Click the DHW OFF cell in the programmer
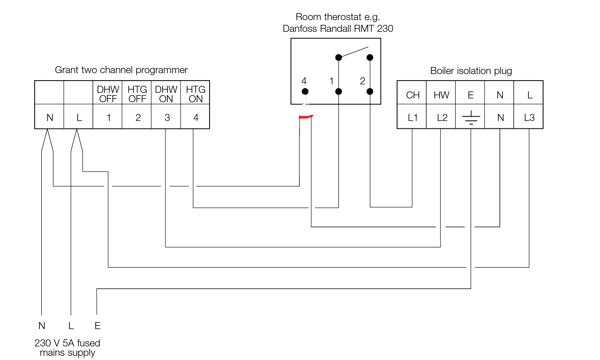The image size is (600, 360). tap(108, 94)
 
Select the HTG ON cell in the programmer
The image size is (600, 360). tap(195, 94)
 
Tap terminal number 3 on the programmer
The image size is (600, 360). tap(166, 118)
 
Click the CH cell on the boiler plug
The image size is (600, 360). tap(412, 95)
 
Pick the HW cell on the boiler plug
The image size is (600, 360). tap(442, 95)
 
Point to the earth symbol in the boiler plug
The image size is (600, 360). tap(471, 118)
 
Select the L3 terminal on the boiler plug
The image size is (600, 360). tap(529, 118)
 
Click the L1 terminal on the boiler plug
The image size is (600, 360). tap(412, 118)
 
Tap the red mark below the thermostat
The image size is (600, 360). tap(306, 117)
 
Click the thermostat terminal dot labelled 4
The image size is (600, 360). tap(305, 91)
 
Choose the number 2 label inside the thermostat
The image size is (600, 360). tap(362, 81)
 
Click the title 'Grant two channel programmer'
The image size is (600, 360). tap(121, 70)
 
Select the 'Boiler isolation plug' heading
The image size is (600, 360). tap(471, 71)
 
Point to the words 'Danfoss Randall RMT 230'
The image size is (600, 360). tap(337, 29)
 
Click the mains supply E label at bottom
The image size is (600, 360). tap(97, 326)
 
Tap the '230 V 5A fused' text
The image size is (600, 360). tap(67, 343)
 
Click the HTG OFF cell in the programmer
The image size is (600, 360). tap(137, 94)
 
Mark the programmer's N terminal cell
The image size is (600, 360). tap(50, 118)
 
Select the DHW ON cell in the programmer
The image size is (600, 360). tap(166, 94)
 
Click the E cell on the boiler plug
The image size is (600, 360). tap(471, 95)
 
